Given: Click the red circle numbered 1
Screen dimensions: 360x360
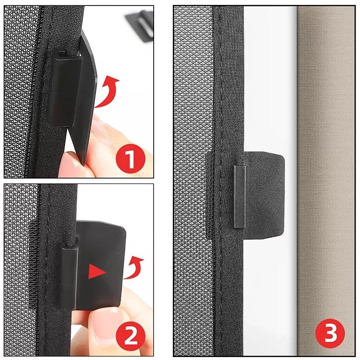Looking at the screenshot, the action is coord(131,159).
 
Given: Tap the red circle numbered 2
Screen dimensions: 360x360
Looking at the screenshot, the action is coord(131,336).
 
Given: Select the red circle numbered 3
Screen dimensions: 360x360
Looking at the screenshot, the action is coord(330,333).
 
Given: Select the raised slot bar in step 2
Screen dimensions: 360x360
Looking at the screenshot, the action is coord(69,276).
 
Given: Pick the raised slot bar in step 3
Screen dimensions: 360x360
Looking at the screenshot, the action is coord(240,196).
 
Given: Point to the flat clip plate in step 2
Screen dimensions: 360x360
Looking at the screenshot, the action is coord(101,263).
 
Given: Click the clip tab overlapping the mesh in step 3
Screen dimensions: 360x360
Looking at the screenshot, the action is coord(209,195).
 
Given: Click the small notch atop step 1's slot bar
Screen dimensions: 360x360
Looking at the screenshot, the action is coord(62,54).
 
